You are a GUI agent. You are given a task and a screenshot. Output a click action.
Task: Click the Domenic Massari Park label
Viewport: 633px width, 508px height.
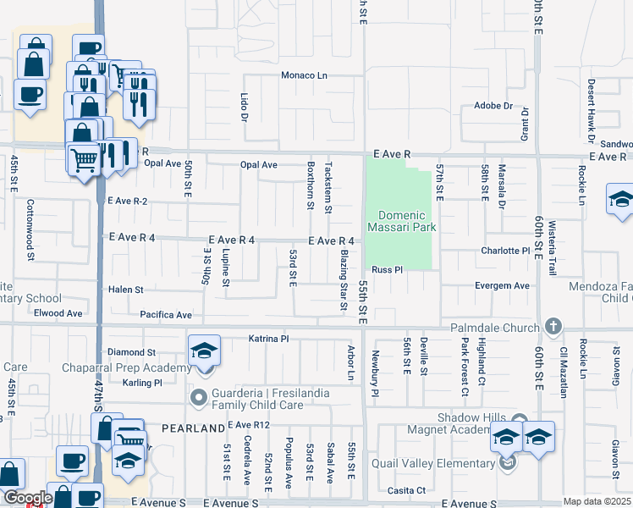(402, 221)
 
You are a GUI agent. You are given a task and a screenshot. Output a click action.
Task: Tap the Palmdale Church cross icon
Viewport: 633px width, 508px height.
(553, 327)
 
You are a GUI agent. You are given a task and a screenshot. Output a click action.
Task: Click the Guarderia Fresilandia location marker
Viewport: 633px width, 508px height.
(200, 397)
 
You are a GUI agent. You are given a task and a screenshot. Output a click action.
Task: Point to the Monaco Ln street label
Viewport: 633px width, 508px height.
(305, 75)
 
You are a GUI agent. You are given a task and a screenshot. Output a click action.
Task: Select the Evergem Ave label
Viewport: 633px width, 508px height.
(502, 286)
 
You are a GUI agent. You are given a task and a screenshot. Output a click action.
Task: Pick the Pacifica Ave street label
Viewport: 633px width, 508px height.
(167, 315)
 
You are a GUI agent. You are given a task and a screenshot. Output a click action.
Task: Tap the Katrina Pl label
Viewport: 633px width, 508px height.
(269, 339)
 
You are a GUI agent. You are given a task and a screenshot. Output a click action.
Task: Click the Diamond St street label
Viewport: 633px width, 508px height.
(132, 352)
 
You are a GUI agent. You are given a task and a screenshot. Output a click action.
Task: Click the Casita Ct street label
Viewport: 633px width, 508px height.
(407, 491)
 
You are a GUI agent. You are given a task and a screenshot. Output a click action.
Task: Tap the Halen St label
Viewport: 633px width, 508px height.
(126, 290)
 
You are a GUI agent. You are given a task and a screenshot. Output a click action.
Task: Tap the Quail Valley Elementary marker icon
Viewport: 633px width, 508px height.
(506, 463)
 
